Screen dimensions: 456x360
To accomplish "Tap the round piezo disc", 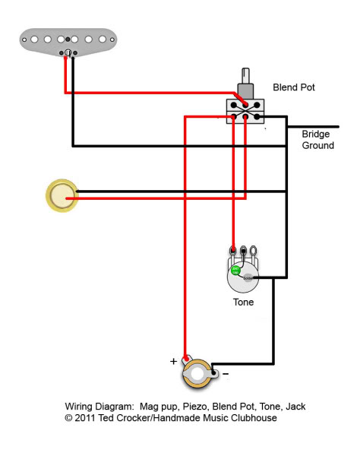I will (61, 195).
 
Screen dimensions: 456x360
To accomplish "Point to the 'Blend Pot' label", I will (293, 87).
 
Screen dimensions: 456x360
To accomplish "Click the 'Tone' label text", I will (243, 302).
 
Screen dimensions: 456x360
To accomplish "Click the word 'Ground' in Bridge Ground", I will (317, 145).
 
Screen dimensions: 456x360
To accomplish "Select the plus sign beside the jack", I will (173, 361).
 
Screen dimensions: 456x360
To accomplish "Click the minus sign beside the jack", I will (224, 374).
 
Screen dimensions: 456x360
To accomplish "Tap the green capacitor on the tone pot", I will (235, 270).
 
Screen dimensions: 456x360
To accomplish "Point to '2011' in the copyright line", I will (88, 418).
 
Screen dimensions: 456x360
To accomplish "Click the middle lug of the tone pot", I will (243, 250).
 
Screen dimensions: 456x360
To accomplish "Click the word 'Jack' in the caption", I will (294, 407).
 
